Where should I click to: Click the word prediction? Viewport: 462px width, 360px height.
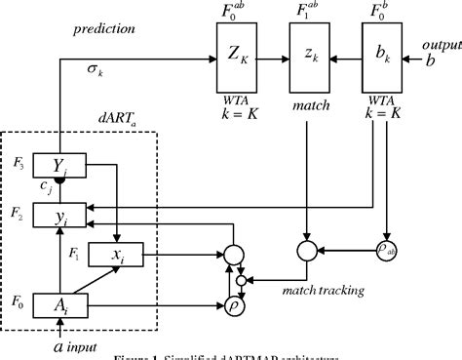coord(103,30)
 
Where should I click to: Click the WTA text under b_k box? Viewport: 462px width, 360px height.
coord(383,101)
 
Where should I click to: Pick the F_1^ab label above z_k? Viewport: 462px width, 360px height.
coord(311,15)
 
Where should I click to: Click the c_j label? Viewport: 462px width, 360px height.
coord(43,184)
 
